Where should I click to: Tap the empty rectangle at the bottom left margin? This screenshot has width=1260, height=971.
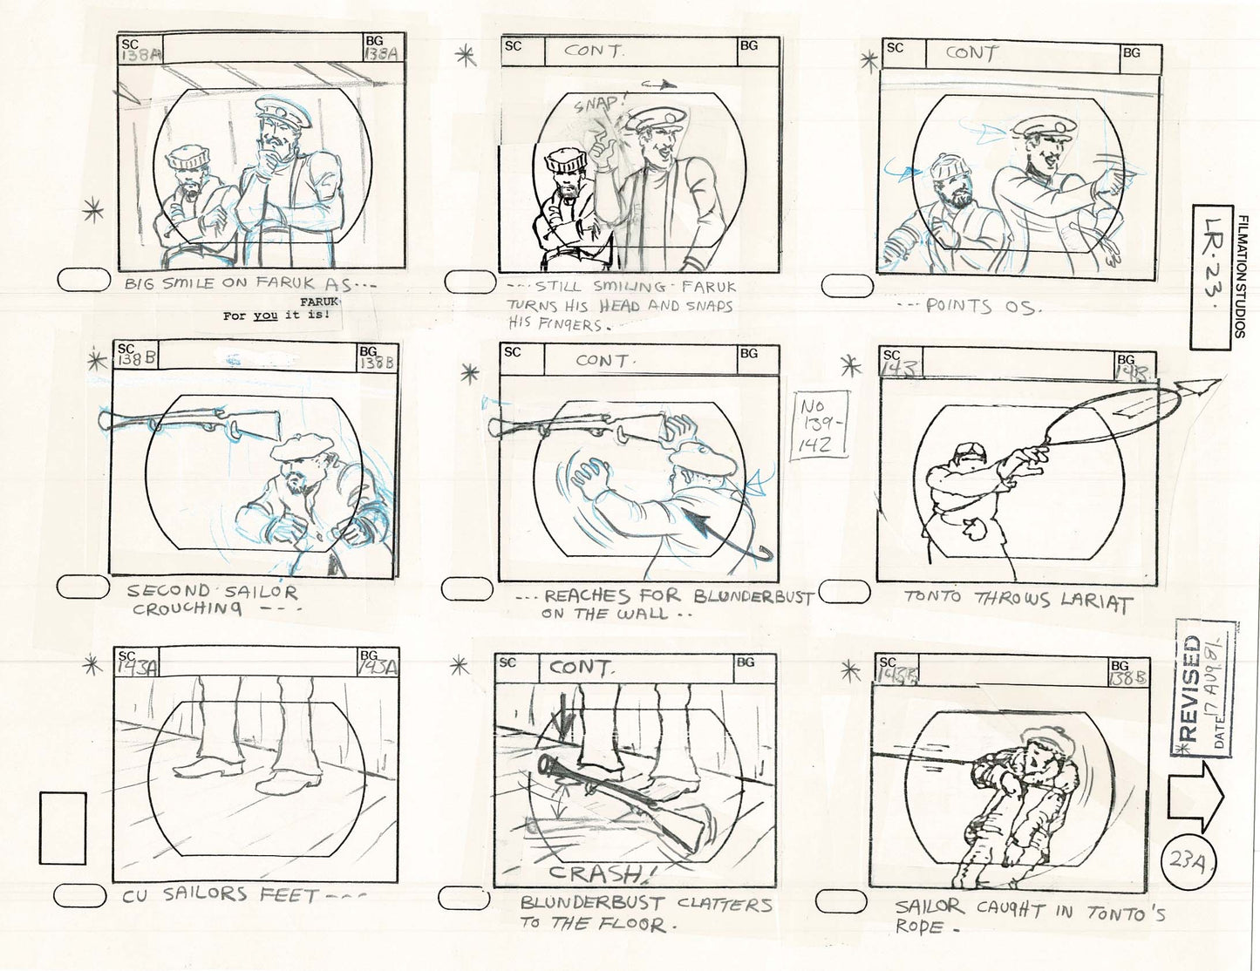coord(63,828)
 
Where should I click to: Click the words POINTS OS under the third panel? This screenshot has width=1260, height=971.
coord(958,306)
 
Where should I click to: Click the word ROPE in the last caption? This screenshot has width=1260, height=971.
coord(919,927)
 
